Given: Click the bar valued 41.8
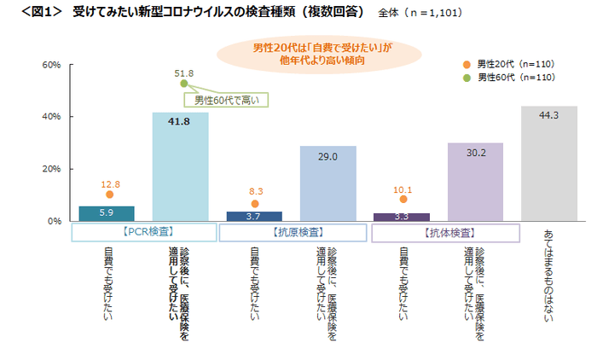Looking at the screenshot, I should (180, 166).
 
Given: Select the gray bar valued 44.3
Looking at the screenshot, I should (548, 163).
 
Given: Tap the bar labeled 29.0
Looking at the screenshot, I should (327, 183).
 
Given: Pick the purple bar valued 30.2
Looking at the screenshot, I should (475, 182).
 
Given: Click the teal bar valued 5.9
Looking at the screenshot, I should (106, 213).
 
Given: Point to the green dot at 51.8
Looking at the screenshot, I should (183, 84).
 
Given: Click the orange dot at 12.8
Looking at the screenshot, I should (109, 195).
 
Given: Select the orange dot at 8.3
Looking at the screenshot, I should (255, 204).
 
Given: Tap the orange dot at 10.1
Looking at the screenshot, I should (403, 199).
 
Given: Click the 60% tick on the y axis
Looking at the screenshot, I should (50, 65).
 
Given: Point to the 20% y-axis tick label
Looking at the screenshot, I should (50, 169).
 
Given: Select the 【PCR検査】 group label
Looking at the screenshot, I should (143, 231).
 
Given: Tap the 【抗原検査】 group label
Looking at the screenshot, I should (291, 231).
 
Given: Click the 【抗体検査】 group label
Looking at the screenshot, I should (439, 231).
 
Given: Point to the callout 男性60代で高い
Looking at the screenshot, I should (231, 99).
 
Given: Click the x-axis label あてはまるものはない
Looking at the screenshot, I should (548, 273).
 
